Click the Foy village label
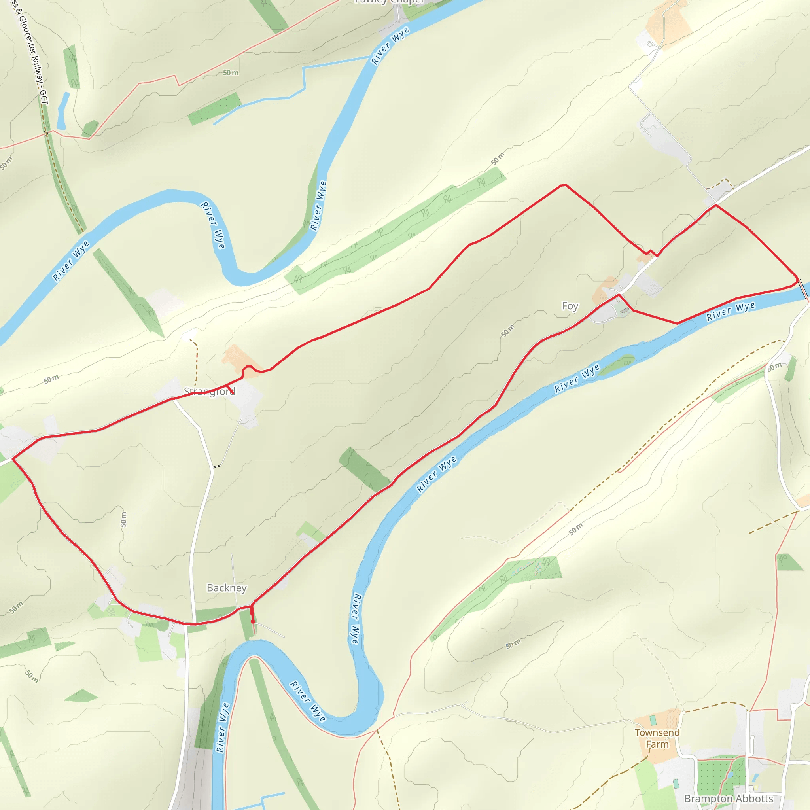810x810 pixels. (x=570, y=306)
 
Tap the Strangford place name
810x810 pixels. (x=209, y=391)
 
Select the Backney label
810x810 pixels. (x=226, y=588)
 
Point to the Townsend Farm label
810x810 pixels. (x=657, y=738)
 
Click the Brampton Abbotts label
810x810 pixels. (x=728, y=798)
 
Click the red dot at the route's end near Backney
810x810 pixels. (x=252, y=621)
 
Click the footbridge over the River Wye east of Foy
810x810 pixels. (x=802, y=289)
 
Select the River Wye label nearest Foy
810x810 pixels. (x=731, y=311)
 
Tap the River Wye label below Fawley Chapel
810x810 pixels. (x=390, y=46)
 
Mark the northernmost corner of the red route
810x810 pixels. (x=564, y=184)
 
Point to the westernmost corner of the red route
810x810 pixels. (x=13, y=459)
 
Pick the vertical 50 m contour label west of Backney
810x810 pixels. (x=123, y=519)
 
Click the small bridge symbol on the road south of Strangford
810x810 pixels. (x=217, y=466)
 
